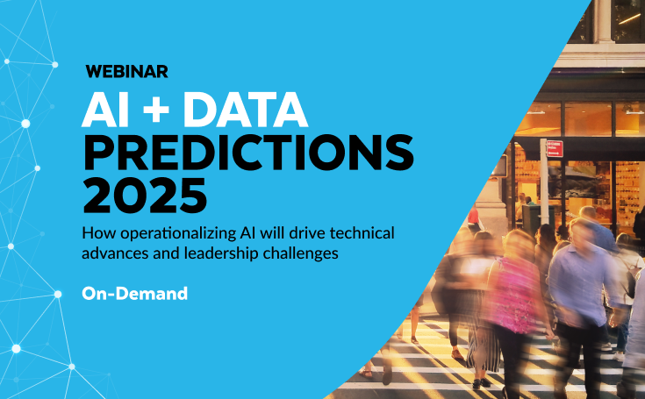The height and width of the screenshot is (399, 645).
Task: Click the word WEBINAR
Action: [126, 72]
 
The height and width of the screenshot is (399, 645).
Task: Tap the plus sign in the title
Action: [156, 109]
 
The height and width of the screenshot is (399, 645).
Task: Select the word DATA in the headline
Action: [245, 109]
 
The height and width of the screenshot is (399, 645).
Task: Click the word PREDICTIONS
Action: [248, 152]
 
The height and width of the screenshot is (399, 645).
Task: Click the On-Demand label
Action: [134, 294]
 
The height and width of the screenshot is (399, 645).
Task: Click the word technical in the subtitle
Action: [362, 233]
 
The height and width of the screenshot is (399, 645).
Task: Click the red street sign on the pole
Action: [555, 148]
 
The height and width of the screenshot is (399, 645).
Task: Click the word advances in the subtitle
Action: [115, 253]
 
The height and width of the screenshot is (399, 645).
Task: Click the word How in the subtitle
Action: [99, 233]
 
